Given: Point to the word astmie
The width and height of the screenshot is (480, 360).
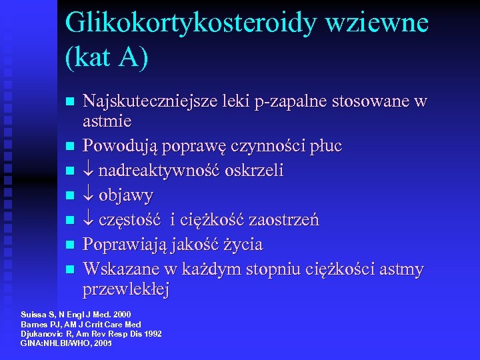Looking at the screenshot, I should tap(107, 121).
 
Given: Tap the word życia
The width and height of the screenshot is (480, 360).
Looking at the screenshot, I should tap(242, 245).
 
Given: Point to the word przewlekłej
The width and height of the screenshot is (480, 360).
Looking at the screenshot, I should tap(126, 289).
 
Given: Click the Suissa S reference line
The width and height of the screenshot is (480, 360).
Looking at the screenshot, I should tap(76, 314).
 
